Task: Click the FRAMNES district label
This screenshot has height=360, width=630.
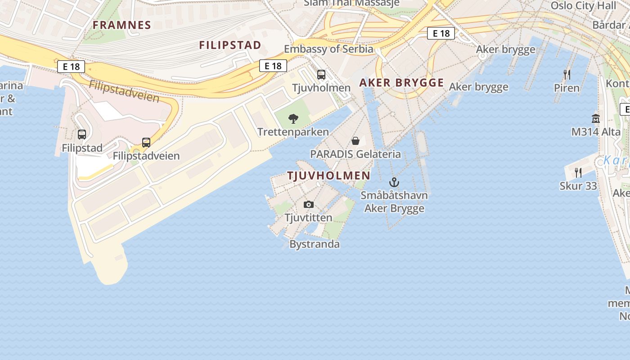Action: pyautogui.click(x=121, y=25)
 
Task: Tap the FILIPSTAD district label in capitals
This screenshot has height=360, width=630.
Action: pyautogui.click(x=230, y=45)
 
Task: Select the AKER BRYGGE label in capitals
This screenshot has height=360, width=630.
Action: pyautogui.click(x=401, y=83)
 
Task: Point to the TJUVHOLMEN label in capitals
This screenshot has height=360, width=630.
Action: pyautogui.click(x=329, y=175)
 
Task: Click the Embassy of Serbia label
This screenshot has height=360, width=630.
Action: pyautogui.click(x=328, y=49)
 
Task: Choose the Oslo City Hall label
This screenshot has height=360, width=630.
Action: pyautogui.click(x=583, y=6)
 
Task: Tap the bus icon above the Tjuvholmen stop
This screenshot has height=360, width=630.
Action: pyautogui.click(x=321, y=75)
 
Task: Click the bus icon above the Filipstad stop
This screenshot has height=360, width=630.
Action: pyautogui.click(x=82, y=134)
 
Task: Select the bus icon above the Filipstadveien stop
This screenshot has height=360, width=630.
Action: pyautogui.click(x=146, y=143)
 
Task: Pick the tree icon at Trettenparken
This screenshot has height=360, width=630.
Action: pyautogui.click(x=293, y=119)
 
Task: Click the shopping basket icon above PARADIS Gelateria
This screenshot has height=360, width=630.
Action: pyautogui.click(x=355, y=141)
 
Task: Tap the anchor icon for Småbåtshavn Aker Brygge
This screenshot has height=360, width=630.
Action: pyautogui.click(x=394, y=182)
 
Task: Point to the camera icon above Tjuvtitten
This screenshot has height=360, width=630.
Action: pyautogui.click(x=308, y=205)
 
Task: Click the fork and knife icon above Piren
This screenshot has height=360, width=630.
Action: pyautogui.click(x=567, y=75)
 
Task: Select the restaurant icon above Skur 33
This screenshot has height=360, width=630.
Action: pyautogui.click(x=578, y=172)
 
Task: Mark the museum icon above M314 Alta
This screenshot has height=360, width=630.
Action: pyautogui.click(x=596, y=118)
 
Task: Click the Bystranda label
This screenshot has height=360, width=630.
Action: pyautogui.click(x=315, y=244)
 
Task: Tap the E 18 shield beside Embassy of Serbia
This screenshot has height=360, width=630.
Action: pyautogui.click(x=273, y=66)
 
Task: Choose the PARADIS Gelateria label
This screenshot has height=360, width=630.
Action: pyautogui.click(x=355, y=154)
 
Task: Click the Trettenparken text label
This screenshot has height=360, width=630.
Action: pyautogui.click(x=293, y=132)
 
